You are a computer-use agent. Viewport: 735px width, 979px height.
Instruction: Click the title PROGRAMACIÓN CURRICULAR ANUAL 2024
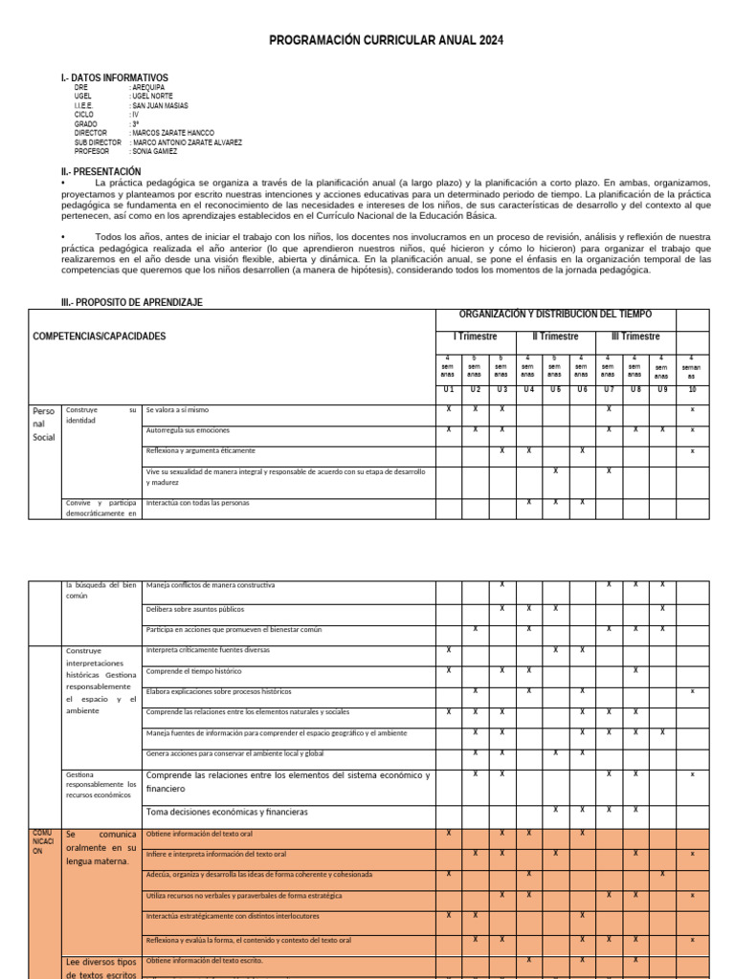click(386, 40)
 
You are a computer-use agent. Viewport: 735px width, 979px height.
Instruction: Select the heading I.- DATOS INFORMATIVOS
click(114, 77)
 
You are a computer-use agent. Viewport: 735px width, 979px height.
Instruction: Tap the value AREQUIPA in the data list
click(149, 87)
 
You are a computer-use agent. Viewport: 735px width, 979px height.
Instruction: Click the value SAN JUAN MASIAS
click(160, 105)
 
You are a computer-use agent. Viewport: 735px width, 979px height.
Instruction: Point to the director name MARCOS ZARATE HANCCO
click(173, 133)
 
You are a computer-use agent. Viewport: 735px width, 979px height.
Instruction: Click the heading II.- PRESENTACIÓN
click(100, 171)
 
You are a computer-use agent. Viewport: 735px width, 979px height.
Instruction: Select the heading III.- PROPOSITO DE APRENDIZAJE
click(131, 302)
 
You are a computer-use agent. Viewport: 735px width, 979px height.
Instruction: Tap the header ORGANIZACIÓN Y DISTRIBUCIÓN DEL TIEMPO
click(555, 315)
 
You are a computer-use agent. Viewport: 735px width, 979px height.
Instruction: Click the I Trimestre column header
click(475, 337)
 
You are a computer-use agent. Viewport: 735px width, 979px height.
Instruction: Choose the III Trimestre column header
click(635, 337)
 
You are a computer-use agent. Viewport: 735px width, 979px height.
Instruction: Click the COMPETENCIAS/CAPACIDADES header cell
click(99, 337)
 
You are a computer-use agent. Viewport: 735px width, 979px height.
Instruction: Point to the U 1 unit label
click(449, 390)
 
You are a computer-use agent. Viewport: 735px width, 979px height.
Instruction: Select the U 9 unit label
click(661, 390)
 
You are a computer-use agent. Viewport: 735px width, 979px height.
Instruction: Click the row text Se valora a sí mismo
click(177, 409)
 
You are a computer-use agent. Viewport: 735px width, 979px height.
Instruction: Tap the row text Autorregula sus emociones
click(188, 430)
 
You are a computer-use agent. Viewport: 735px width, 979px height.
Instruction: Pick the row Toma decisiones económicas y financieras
click(227, 812)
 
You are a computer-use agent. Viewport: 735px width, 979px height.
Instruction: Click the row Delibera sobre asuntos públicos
click(195, 609)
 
